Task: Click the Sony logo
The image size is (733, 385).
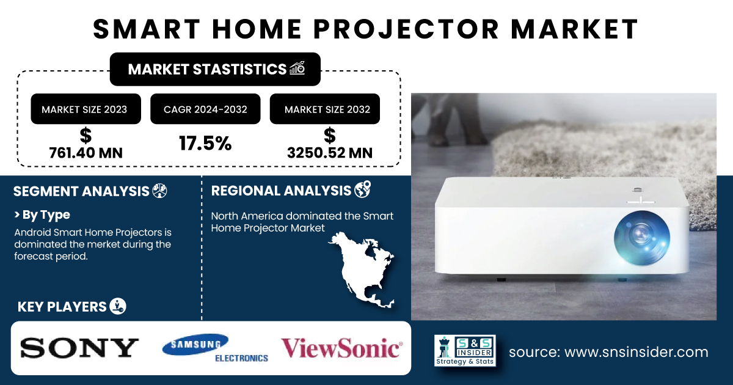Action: pyautogui.click(x=79, y=348)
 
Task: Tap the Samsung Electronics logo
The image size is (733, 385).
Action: pyautogui.click(x=214, y=348)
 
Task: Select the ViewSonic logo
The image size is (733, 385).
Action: pyautogui.click(x=341, y=348)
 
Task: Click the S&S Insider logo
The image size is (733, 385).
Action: pyautogui.click(x=465, y=350)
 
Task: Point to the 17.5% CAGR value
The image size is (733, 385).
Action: pyautogui.click(x=205, y=144)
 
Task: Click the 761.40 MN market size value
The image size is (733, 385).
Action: pyautogui.click(x=86, y=153)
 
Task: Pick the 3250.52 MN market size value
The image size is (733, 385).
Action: pyautogui.click(x=329, y=153)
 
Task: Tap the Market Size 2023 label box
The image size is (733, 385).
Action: pyautogui.click(x=86, y=109)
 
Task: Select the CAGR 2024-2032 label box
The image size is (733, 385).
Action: pyautogui.click(x=205, y=109)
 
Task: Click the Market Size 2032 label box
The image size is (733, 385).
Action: pyautogui.click(x=324, y=109)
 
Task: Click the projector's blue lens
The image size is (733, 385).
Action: pyautogui.click(x=642, y=238)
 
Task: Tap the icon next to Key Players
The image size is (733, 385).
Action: pyautogui.click(x=118, y=306)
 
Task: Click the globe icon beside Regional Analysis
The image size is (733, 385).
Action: pyautogui.click(x=363, y=189)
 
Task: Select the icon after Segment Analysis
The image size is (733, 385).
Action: pyautogui.click(x=159, y=191)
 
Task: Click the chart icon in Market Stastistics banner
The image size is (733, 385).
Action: pyautogui.click(x=297, y=68)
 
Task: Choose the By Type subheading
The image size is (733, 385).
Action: pyautogui.click(x=42, y=215)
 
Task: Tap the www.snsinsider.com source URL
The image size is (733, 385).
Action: pyautogui.click(x=636, y=352)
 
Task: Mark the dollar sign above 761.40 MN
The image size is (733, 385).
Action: pyautogui.click(x=86, y=136)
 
